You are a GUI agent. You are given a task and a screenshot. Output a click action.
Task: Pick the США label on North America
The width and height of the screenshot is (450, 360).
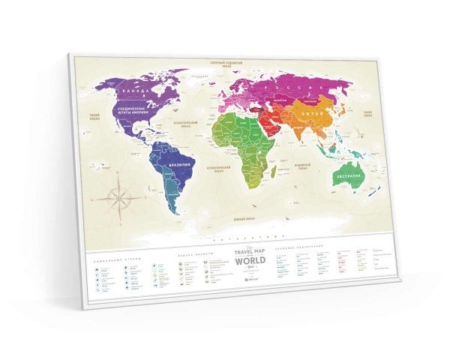click(x=136, y=112)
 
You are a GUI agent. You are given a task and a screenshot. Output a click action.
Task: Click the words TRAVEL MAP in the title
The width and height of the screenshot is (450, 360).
click(x=249, y=253)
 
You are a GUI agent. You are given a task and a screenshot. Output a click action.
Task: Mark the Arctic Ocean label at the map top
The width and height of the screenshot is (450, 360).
click(x=229, y=63)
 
